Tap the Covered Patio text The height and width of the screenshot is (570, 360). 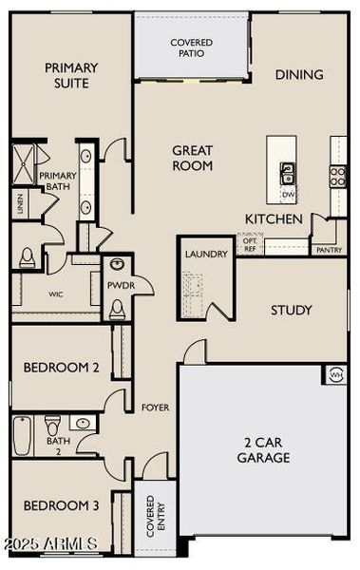[x=191, y=48]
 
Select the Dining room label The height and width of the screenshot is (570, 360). [x=299, y=74]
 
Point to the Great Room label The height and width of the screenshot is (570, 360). [x=192, y=158]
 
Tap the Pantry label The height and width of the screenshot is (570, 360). [x=329, y=250]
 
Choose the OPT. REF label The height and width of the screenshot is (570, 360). [x=250, y=244]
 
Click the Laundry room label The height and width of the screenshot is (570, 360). [x=206, y=255]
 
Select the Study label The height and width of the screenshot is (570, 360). [x=292, y=310]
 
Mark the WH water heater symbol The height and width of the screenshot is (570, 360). [x=335, y=374]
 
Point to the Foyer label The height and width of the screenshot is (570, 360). [x=155, y=408]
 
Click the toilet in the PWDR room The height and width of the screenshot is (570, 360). [x=117, y=308]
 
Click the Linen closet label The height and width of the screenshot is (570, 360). [x=19, y=204]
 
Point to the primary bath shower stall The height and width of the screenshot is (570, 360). [x=23, y=163]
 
